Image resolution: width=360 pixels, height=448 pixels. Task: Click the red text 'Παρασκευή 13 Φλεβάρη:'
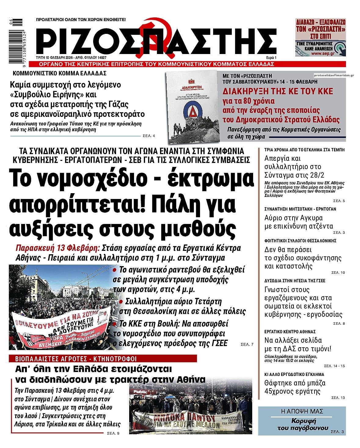pyautogui.click(x=58, y=248)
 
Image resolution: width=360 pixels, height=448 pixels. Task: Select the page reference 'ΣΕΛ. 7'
pyautogui.click(x=247, y=344)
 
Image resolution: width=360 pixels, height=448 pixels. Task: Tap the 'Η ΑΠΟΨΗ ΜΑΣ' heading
pyautogui.click(x=302, y=412)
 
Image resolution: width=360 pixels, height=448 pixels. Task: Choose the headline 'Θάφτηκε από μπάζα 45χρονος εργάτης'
pyautogui.click(x=295, y=387)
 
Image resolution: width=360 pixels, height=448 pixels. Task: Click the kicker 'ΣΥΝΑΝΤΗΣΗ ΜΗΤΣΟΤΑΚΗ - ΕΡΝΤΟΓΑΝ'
pyautogui.click(x=300, y=209)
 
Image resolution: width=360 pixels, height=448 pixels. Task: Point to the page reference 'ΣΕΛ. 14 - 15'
pyautogui.click(x=334, y=366)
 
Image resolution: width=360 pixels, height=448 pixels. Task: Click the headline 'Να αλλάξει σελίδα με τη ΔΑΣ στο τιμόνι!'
pyautogui.click(x=297, y=345)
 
